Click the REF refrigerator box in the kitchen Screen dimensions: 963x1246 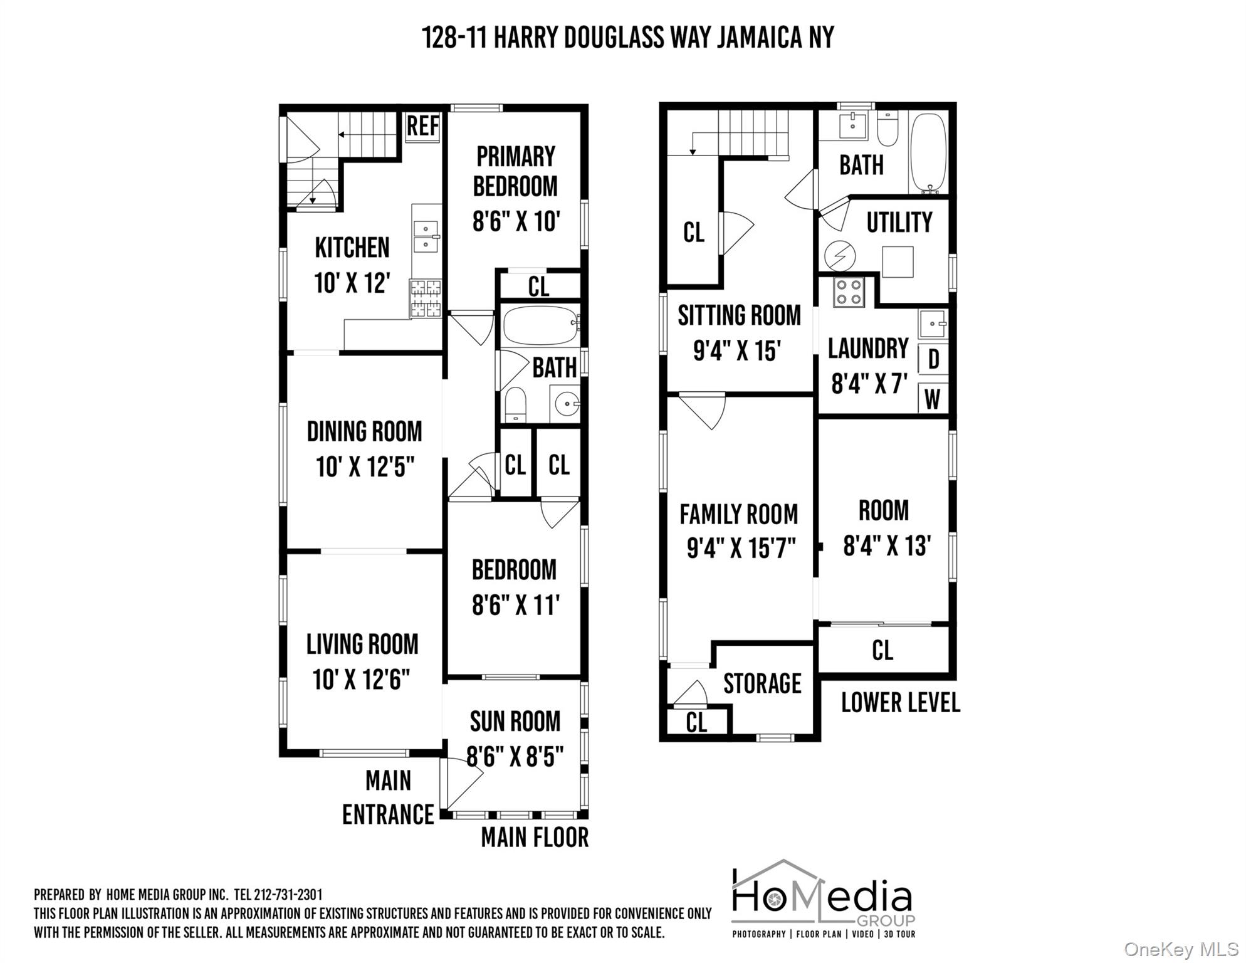point(422,127)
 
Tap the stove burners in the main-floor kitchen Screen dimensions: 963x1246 point(426,298)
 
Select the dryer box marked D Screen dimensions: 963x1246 point(933,359)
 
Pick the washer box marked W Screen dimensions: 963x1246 point(933,399)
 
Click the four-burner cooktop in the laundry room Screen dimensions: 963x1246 point(849,292)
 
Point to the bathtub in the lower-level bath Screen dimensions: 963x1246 point(928,152)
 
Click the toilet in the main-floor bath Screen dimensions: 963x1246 point(515,404)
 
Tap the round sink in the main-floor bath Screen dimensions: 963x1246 point(566,404)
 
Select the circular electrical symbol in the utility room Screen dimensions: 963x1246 point(840,256)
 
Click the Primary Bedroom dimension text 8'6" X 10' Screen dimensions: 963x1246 point(516,221)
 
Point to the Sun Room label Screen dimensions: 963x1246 point(515,722)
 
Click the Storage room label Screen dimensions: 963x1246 point(762,683)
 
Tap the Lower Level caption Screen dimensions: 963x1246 point(900,703)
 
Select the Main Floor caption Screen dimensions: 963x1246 point(535,838)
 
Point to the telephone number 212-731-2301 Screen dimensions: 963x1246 point(288,894)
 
